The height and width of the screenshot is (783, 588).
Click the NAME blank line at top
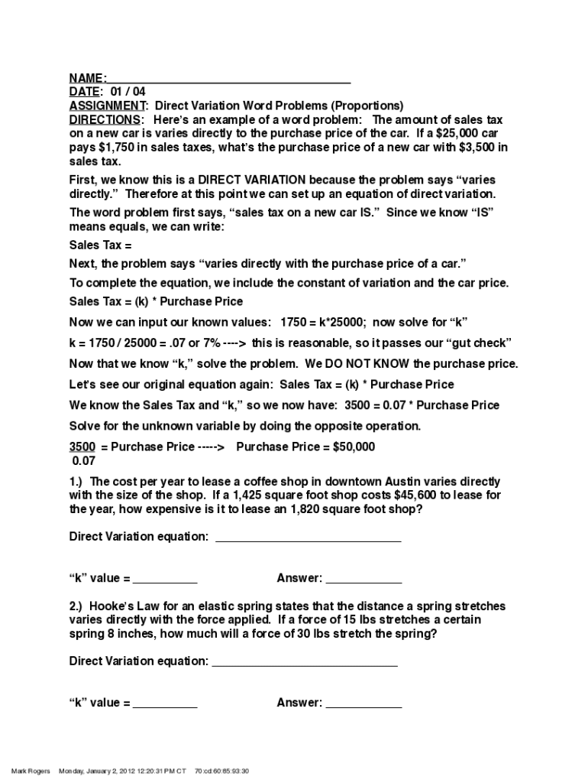click(229, 80)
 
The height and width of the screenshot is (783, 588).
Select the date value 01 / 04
click(128, 93)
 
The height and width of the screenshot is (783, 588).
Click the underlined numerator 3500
click(82, 447)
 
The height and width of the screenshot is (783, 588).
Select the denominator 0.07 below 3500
click(84, 461)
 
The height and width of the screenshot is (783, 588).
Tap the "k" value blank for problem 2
click(165, 704)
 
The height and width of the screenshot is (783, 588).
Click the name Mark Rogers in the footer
click(31, 772)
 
